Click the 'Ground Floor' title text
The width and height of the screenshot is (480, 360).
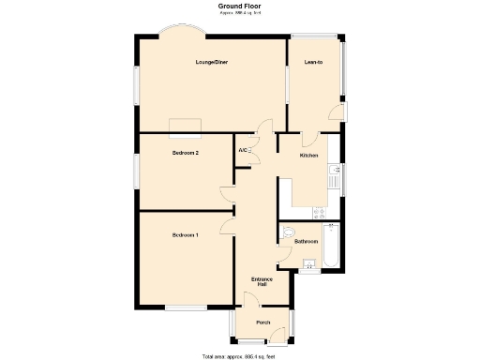pos(240,6)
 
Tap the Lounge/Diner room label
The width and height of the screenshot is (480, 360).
pos(212,63)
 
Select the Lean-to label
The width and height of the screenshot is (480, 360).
pos(313,63)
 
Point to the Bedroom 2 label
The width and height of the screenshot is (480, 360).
pos(185,152)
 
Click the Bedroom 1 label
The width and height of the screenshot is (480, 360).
pos(185,234)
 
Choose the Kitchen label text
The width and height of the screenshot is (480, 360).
pos(308,155)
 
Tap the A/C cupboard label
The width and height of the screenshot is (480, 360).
pos(243,150)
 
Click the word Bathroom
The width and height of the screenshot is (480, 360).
pos(307,241)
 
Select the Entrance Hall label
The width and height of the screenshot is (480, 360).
pos(262,281)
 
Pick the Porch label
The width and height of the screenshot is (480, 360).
pos(263,322)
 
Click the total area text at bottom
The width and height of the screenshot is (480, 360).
pos(239,356)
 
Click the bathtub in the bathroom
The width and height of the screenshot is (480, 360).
pos(330,246)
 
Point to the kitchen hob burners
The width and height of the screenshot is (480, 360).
pos(333,211)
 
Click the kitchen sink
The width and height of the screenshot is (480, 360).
pos(334,173)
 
